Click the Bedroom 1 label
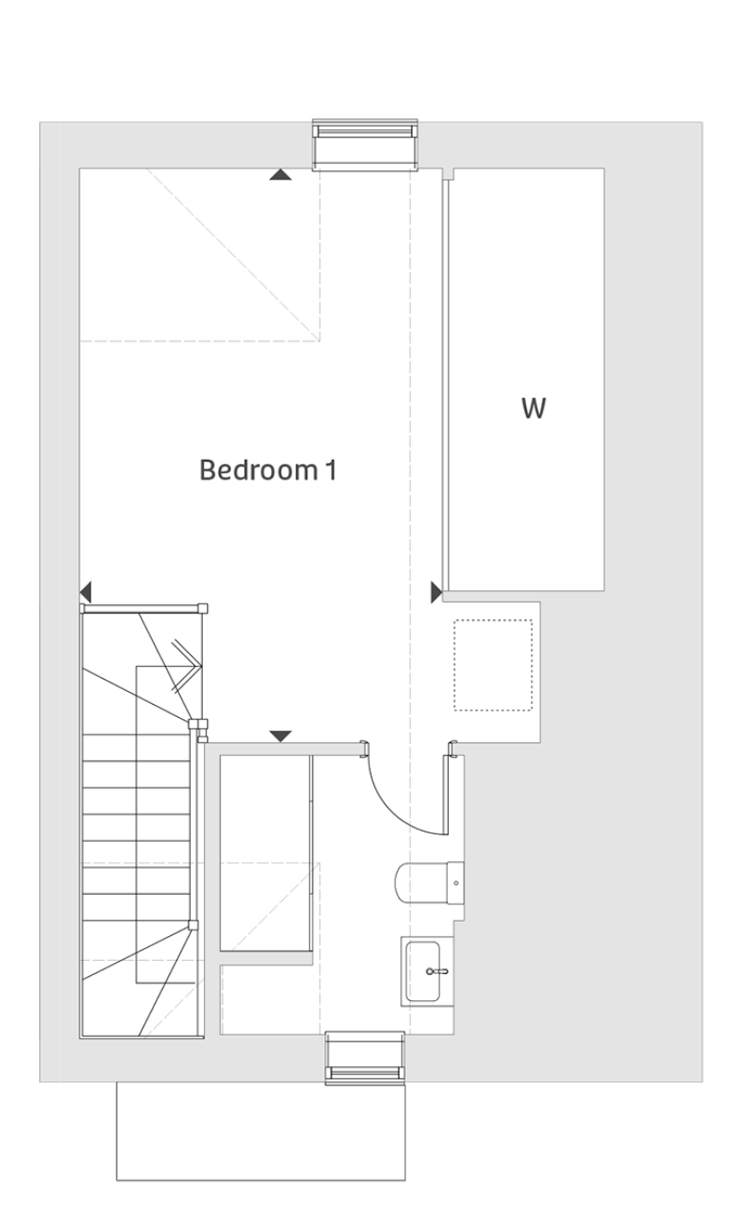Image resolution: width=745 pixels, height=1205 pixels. pos(268,469)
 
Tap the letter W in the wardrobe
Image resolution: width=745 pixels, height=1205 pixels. pos(534,408)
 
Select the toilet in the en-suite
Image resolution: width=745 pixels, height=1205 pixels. pos(429,884)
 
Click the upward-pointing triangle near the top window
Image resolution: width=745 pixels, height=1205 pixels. pos(280,174)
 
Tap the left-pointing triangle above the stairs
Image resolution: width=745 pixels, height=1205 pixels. pos(86,592)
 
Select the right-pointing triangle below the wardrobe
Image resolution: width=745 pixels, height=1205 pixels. pos(437,592)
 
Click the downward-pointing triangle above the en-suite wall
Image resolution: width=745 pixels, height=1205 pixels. pos(280,737)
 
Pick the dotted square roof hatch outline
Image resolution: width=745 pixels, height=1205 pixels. pos(493,666)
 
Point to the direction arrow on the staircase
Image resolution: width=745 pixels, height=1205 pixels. pos(186,666)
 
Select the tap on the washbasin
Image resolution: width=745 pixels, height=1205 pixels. pos(437,971)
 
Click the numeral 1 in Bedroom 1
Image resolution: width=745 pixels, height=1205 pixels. pos(331,469)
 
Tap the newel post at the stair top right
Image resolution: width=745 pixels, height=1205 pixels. pos(203,608)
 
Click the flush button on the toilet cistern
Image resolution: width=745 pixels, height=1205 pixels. pos(456,884)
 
